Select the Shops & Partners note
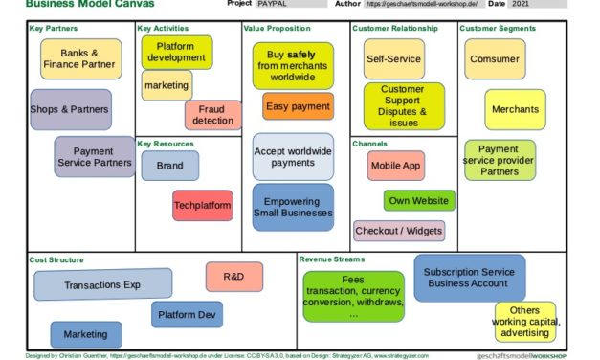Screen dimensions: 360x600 70,109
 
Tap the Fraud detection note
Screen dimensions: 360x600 212,115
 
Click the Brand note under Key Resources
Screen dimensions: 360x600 170,166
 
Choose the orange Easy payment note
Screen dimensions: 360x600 298,106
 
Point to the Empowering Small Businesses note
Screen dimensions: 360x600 293,208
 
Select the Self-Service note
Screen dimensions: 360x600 393,59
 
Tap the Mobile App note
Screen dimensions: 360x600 395,166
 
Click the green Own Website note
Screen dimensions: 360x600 419,201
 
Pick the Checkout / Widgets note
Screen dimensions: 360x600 399,231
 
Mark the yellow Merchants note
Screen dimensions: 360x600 515,109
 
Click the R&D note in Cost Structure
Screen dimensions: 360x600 234,277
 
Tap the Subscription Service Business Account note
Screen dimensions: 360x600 469,278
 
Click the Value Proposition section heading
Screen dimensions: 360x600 277,29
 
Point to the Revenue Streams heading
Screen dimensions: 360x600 331,259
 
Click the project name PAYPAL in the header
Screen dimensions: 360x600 272,4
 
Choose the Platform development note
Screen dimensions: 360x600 176,53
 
